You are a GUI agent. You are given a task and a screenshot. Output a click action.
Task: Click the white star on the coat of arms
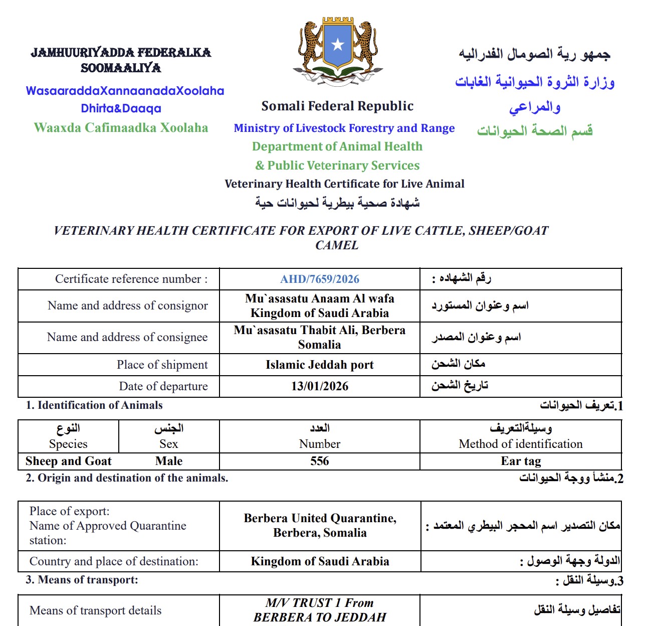337,45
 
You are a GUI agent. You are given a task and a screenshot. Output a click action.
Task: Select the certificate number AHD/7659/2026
320,279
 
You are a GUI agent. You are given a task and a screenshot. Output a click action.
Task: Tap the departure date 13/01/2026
320,386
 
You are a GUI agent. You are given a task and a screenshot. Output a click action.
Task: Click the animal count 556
320,461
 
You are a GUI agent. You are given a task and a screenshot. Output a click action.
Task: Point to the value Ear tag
521,461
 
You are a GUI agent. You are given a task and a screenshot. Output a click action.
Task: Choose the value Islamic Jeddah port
320,365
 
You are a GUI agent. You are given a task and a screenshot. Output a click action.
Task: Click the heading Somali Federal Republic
337,106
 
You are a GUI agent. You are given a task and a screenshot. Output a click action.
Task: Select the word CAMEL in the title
337,245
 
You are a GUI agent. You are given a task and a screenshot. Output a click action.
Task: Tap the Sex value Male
169,461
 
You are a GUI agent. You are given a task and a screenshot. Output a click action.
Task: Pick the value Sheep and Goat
69,461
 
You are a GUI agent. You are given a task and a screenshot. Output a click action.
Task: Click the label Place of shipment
162,365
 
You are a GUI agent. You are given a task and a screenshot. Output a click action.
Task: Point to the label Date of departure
163,386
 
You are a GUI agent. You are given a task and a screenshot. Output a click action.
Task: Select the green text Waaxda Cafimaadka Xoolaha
121,127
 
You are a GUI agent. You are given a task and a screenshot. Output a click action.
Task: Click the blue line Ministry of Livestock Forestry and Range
344,128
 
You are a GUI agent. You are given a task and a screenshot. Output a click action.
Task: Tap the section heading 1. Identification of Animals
94,405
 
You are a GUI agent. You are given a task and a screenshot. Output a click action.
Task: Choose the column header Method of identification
521,444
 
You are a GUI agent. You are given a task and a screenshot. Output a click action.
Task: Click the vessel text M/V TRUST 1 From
320,602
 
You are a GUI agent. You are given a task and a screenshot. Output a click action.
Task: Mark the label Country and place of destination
114,561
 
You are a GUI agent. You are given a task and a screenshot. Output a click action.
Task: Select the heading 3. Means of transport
82,580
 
